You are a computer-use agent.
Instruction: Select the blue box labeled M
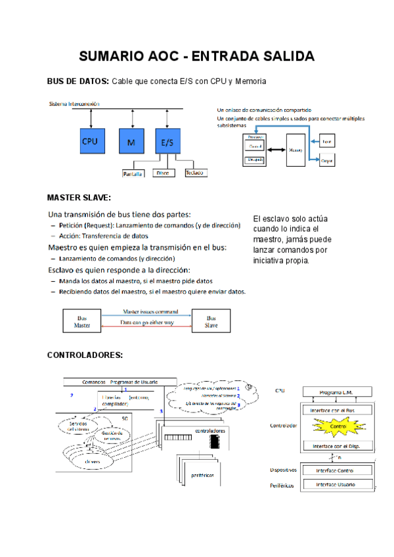point(132,141)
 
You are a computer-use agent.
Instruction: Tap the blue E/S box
point(167,141)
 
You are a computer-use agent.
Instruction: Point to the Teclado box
point(195,173)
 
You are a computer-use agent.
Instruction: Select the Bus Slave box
point(211,321)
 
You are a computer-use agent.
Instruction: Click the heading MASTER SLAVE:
point(79,197)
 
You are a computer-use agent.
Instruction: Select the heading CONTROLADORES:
point(84,355)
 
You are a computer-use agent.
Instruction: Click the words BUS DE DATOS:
point(77,81)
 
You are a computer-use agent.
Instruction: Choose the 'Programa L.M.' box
point(337,392)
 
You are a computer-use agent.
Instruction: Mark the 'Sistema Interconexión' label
point(74,104)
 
